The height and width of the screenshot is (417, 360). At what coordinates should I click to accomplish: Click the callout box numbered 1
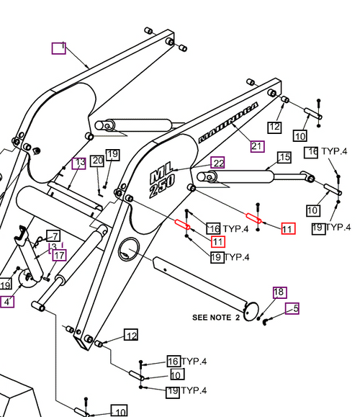58,48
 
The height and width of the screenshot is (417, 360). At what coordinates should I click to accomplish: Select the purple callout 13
79,163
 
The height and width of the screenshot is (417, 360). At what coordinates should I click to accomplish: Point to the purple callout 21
257,145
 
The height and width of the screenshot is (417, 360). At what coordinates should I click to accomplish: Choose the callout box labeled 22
218,163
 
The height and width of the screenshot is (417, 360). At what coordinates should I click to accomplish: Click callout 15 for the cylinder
284,157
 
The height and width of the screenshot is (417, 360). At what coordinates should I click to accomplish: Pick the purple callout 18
279,292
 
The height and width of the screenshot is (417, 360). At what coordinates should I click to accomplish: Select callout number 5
292,309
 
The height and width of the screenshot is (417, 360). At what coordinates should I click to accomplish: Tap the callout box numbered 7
53,236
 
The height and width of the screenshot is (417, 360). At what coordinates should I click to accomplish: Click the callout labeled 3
53,247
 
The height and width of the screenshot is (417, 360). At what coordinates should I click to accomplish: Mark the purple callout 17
58,256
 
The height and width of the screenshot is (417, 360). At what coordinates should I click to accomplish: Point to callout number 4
6,302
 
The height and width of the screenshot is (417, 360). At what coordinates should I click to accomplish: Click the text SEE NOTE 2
216,317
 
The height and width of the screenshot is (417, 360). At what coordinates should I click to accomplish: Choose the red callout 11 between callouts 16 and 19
217,241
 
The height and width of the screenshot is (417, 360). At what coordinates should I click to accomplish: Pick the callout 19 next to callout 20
112,155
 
